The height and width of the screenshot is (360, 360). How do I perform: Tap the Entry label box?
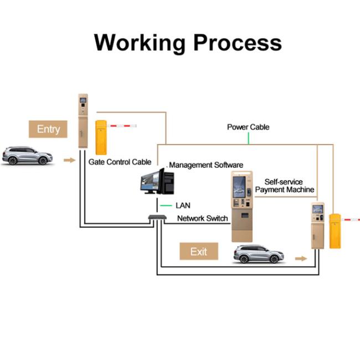tap(48, 129)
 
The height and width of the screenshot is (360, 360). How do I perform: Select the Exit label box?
tap(198, 251)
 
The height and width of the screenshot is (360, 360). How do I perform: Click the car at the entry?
tap(26, 156)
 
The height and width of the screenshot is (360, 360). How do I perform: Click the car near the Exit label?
tap(259, 254)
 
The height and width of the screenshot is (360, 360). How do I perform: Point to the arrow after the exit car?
tap(301, 258)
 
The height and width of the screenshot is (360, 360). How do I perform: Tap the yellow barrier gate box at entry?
tap(101, 137)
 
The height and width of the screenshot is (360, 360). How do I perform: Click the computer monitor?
tap(149, 181)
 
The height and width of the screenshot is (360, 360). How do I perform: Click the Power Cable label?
tap(248, 127)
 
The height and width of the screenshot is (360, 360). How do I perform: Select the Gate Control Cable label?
tap(120, 162)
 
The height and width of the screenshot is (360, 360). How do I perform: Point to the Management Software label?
tap(206, 165)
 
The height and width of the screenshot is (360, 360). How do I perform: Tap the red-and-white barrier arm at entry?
tap(123, 126)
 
